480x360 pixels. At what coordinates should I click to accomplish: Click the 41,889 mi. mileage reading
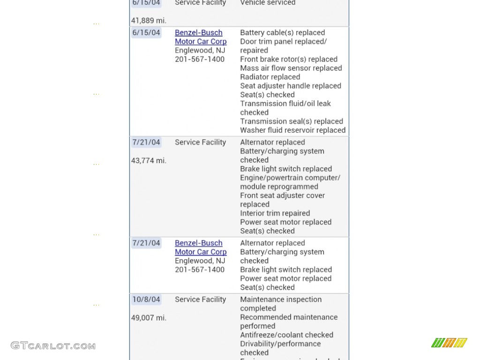[149, 21]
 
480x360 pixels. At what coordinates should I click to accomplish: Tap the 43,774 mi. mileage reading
[149, 160]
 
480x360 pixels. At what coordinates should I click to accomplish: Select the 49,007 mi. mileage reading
[149, 318]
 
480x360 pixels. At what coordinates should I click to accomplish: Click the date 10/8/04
[146, 300]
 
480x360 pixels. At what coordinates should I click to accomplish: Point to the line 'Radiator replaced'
[270, 77]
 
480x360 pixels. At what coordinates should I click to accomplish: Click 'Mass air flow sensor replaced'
[291, 68]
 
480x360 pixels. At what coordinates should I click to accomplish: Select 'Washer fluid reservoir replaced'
[292, 130]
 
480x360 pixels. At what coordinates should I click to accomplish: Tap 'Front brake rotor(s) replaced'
[288, 59]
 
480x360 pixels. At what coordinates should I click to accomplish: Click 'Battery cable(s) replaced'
[282, 33]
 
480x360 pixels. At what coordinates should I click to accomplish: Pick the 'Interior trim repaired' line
[275, 213]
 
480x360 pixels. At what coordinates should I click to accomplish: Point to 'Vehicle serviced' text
[268, 3]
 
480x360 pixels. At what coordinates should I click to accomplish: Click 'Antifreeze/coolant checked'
[286, 335]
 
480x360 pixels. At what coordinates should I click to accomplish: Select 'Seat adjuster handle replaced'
[290, 86]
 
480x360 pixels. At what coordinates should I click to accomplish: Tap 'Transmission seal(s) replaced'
[291, 121]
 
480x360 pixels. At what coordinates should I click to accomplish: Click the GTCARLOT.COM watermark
[53, 346]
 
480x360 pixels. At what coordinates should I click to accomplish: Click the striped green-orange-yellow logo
[449, 343]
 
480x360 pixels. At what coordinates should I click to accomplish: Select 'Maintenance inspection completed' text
[281, 304]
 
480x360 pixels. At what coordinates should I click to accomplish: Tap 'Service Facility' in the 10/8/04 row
[200, 300]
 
